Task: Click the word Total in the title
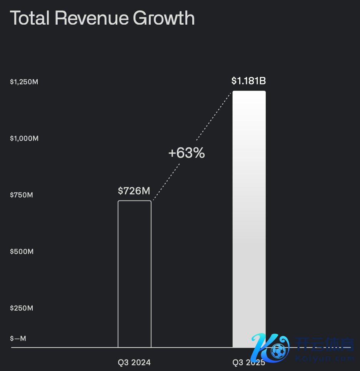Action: point(29,18)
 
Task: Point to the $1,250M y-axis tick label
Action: point(24,82)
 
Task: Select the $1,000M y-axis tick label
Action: point(24,138)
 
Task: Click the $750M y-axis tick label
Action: point(22,195)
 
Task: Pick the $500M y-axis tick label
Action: point(22,251)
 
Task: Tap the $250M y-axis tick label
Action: point(22,308)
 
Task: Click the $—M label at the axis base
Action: point(18,338)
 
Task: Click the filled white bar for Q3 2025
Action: point(249,216)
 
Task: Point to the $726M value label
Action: point(134,191)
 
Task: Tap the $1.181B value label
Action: point(249,81)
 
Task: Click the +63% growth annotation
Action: point(187,153)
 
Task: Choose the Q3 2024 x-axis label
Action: point(134,362)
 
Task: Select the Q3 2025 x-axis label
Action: point(249,362)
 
